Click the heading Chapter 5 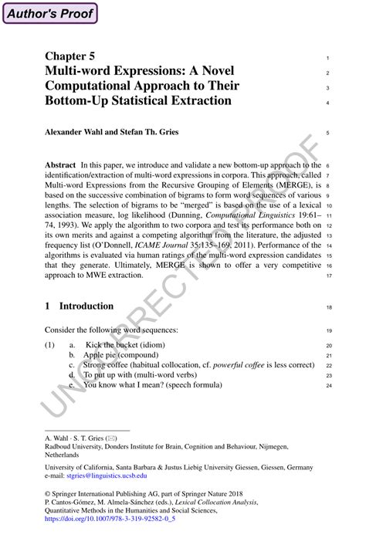tap(70, 57)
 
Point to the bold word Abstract tap(60, 165)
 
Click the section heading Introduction tap(86, 306)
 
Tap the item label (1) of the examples tap(50, 344)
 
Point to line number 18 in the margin tap(328, 307)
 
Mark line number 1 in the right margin tap(328, 59)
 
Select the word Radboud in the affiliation tap(61, 446)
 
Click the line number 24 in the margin tap(328, 385)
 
